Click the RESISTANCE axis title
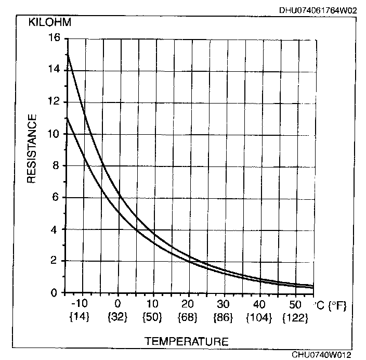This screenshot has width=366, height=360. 31,149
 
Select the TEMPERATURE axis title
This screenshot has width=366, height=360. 186,341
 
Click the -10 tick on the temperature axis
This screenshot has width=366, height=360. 80,304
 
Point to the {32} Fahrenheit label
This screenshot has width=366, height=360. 119,316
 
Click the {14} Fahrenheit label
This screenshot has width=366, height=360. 80,316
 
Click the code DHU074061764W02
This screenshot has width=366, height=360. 318,9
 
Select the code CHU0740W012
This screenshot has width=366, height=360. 321,355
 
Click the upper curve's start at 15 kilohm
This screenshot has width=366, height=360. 68,54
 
